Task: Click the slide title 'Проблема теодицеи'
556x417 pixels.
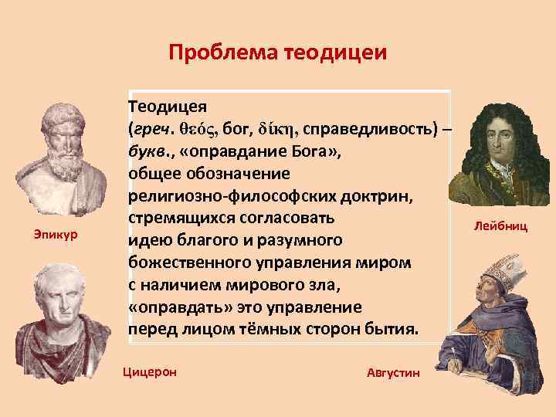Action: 277,53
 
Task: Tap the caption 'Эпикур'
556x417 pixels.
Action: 51,232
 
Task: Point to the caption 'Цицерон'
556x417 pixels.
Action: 150,371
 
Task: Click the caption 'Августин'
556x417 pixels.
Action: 395,373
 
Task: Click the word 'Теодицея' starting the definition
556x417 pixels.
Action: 167,105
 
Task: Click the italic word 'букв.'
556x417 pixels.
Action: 147,149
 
